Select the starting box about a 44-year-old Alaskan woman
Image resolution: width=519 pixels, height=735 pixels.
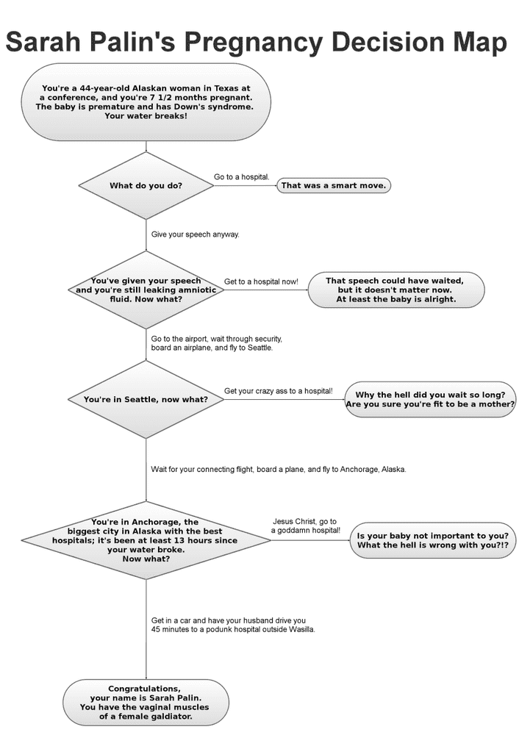(x=146, y=102)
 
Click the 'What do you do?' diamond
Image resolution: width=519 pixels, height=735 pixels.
(x=146, y=185)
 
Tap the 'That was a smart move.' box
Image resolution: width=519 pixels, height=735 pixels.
(x=332, y=185)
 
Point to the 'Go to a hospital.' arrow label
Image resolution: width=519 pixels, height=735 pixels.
(x=241, y=177)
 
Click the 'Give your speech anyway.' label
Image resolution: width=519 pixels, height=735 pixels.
(x=195, y=234)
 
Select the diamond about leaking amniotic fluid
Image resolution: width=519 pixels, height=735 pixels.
(x=146, y=290)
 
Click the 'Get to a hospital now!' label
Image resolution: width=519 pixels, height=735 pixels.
(x=261, y=282)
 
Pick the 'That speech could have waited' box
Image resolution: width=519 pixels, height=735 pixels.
(x=395, y=290)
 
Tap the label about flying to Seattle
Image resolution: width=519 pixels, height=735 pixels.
(x=217, y=343)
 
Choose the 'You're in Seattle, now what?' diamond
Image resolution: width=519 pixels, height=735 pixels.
(x=146, y=399)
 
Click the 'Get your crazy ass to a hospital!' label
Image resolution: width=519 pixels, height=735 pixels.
(x=278, y=390)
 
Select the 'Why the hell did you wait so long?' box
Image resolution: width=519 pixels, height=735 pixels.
(x=430, y=399)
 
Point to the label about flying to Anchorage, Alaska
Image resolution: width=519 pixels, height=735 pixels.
(x=278, y=469)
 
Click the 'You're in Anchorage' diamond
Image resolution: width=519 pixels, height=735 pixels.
(x=146, y=540)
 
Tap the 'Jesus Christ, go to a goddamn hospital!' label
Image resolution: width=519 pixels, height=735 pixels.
(x=306, y=525)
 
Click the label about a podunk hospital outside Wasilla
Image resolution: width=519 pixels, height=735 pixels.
(x=233, y=625)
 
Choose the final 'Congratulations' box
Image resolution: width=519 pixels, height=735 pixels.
(x=146, y=703)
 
